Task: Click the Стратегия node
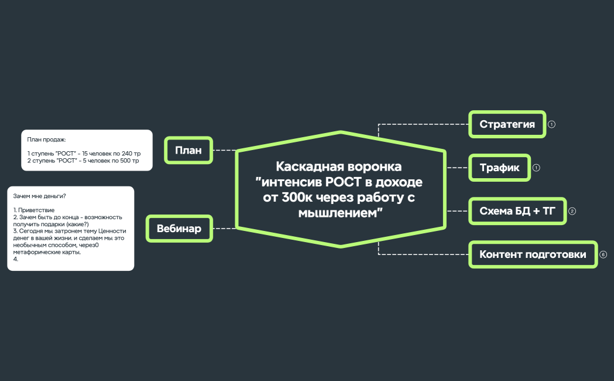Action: (507, 124)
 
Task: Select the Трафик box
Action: (499, 168)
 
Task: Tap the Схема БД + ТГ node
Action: (517, 211)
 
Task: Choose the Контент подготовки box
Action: (533, 254)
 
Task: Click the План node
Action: (188, 151)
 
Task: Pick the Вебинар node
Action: (179, 229)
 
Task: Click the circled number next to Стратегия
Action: (551, 124)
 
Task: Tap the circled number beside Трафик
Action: (536, 168)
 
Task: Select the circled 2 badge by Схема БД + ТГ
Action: (572, 211)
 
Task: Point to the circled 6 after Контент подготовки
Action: (603, 254)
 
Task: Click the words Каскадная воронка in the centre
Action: (339, 166)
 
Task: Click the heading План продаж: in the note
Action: (47, 140)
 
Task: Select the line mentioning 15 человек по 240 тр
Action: (84, 154)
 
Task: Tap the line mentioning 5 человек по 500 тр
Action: (83, 161)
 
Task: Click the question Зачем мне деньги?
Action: (39, 196)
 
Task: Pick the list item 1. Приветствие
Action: (34, 210)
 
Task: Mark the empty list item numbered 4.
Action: (16, 259)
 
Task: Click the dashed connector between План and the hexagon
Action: (224, 150)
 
